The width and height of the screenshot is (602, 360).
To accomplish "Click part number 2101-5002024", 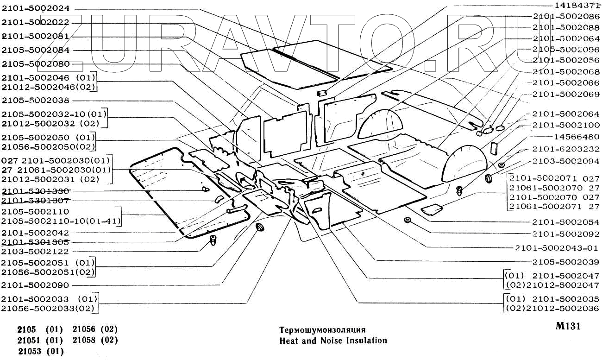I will click(35, 8).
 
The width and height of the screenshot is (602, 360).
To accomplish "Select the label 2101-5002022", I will click(35, 22).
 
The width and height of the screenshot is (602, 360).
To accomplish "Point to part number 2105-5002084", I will click(35, 50).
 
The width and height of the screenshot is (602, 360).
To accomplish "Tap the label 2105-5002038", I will click(35, 101).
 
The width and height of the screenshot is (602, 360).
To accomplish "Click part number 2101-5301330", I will click(35, 191).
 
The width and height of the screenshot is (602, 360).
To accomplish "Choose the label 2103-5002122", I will click(35, 251).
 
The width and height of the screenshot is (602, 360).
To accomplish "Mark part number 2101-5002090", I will click(35, 285).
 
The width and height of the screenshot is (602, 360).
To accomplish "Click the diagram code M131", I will click(568, 326).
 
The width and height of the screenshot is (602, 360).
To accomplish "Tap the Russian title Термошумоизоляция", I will click(322, 330).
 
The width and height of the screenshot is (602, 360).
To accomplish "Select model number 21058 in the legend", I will click(87, 340).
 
